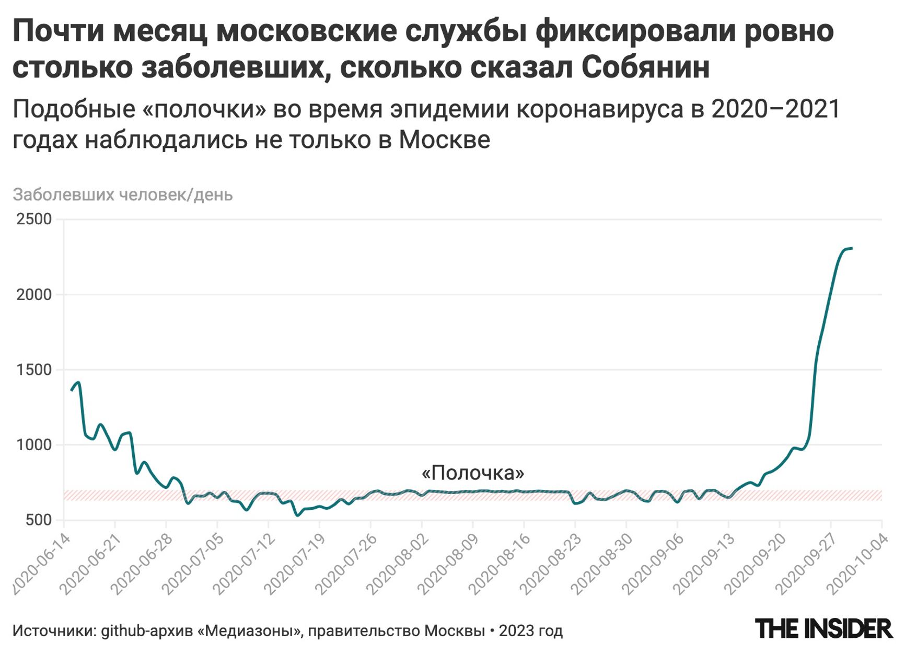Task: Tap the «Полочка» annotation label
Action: point(473,473)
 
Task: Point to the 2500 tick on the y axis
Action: point(34,219)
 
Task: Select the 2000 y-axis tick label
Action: point(34,295)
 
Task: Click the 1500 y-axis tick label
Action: point(34,370)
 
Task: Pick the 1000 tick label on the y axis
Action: point(34,445)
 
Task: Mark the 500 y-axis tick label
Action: point(38,521)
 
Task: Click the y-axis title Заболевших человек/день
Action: point(123,195)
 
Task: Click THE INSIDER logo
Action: point(823,628)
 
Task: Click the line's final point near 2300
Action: point(852,248)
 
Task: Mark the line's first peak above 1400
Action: point(79,382)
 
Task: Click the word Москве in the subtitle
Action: point(445,140)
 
